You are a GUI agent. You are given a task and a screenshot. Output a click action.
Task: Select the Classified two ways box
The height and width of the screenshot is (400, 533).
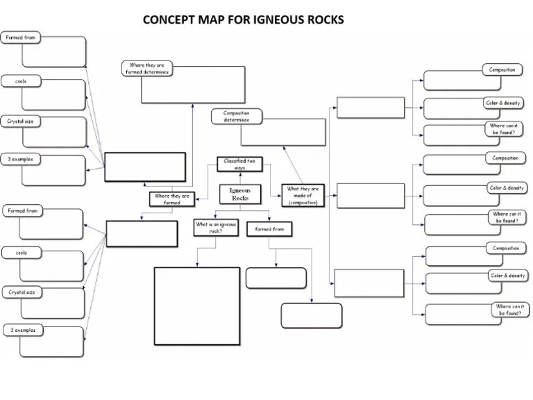[239, 164]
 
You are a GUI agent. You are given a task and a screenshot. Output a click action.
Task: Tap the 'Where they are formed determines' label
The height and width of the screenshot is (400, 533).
[146, 69]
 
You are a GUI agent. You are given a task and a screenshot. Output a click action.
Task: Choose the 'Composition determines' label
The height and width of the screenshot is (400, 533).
[236, 116]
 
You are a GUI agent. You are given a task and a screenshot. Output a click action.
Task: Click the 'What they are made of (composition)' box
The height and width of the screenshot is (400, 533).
[303, 195]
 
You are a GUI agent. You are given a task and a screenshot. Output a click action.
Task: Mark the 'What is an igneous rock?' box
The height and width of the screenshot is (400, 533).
[215, 227]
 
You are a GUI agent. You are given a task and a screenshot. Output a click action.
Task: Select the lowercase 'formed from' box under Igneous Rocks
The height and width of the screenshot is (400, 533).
[269, 228]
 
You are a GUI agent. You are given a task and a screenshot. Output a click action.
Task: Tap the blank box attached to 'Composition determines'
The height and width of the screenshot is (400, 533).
[293, 132]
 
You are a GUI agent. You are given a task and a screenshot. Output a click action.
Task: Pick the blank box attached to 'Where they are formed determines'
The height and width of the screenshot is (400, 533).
[194, 84]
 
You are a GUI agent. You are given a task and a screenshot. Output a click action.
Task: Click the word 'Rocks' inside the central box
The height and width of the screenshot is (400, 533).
[240, 199]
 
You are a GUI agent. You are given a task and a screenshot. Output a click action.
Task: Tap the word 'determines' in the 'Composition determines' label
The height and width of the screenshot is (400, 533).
[236, 120]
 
